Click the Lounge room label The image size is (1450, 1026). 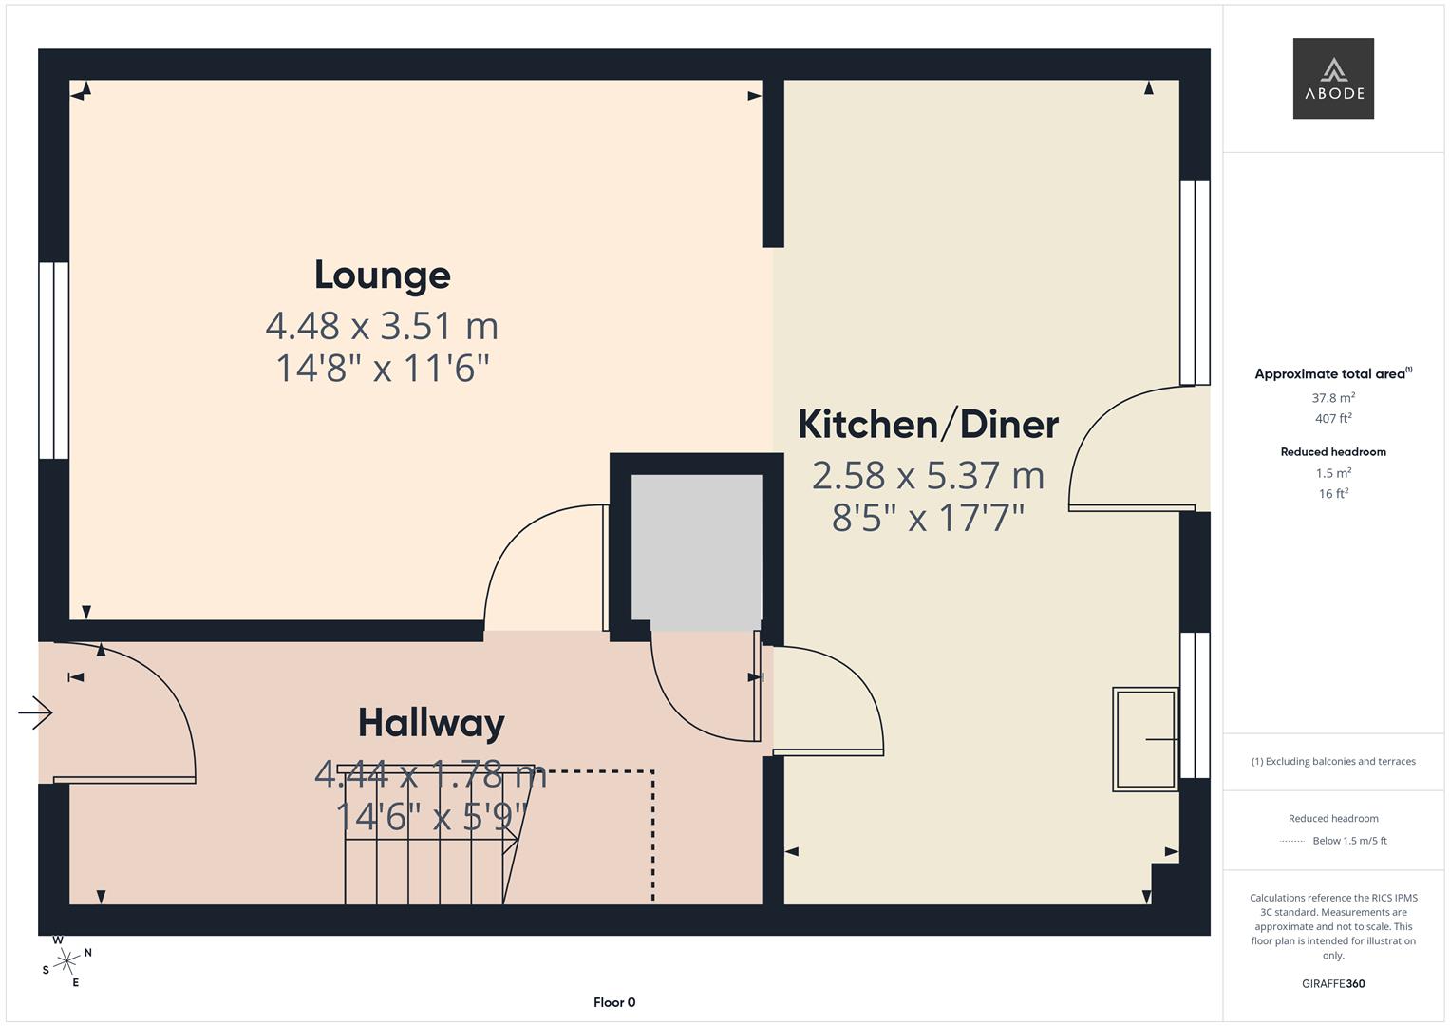pyautogui.click(x=383, y=275)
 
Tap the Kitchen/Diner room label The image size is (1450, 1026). pyautogui.click(x=929, y=425)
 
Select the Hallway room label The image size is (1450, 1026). pyautogui.click(x=431, y=724)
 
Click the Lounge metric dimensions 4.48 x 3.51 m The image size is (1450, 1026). pyautogui.click(x=382, y=326)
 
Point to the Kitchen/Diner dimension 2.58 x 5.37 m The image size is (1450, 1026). pyautogui.click(x=929, y=475)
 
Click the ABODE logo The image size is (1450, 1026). pyautogui.click(x=1333, y=78)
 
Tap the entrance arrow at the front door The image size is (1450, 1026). pyautogui.click(x=35, y=713)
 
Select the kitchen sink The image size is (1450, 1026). pyautogui.click(x=1145, y=739)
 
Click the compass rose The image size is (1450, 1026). pyautogui.click(x=66, y=961)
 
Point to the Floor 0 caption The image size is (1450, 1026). pyautogui.click(x=614, y=1002)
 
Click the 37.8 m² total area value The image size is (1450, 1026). pyautogui.click(x=1333, y=398)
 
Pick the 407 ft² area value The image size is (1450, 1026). pyautogui.click(x=1333, y=418)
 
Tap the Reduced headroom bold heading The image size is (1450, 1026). pyautogui.click(x=1333, y=452)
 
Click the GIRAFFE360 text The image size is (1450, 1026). pyautogui.click(x=1333, y=984)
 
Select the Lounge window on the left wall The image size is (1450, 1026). pyautogui.click(x=54, y=361)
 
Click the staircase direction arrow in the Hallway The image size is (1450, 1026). pyautogui.click(x=431, y=841)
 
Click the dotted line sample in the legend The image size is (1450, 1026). pyautogui.click(x=1292, y=842)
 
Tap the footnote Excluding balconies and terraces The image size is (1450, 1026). pyautogui.click(x=1333, y=762)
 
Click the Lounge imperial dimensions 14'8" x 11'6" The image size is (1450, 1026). pyautogui.click(x=382, y=369)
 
